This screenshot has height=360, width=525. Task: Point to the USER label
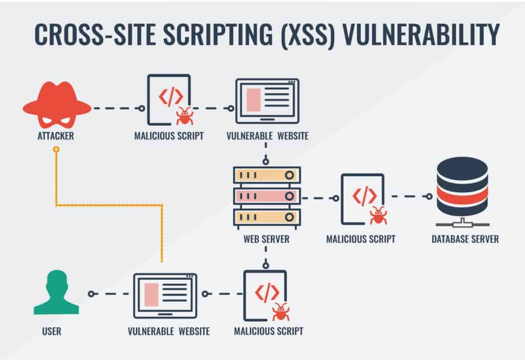52,331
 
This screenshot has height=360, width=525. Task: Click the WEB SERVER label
266,239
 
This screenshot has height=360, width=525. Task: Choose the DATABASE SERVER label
465,239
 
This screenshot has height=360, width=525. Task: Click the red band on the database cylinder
462,194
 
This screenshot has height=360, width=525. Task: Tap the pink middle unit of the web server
267,196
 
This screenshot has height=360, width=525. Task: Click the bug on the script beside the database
378,215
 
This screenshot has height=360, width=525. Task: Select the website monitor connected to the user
165,294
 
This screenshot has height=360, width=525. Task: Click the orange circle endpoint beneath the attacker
56,150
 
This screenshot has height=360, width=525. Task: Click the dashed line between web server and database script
318,197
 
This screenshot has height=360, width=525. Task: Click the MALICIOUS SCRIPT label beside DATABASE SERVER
361,239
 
